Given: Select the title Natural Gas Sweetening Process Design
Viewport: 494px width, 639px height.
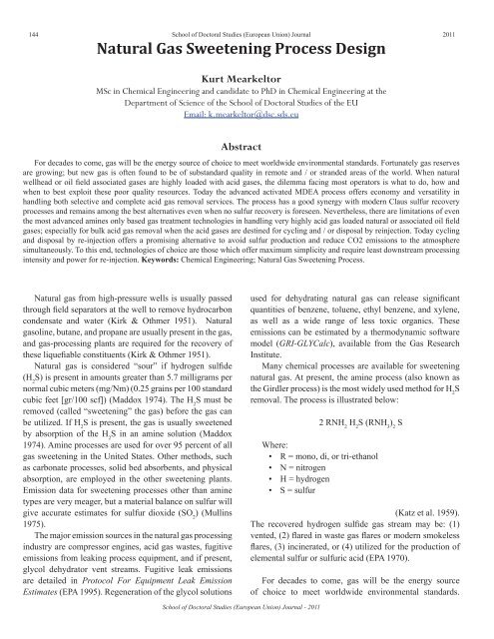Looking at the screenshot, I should tap(246, 47).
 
